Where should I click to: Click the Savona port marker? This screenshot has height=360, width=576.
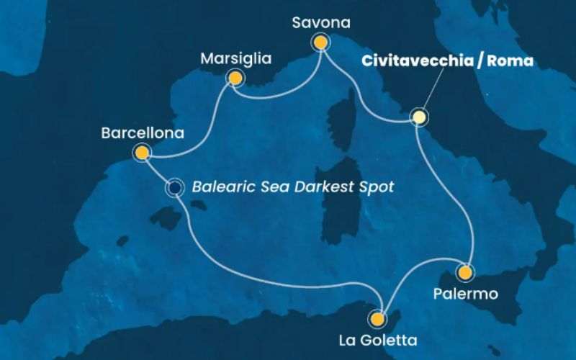(320, 43)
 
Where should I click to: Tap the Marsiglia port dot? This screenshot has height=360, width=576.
(234, 77)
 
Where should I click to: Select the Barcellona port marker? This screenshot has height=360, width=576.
(142, 152)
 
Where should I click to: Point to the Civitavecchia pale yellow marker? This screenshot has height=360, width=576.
(419, 117)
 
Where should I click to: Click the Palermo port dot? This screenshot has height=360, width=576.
(466, 273)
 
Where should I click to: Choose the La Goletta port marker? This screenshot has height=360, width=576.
(377, 318)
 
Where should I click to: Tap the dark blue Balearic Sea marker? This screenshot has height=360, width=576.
(174, 188)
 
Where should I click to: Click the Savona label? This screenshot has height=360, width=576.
(321, 23)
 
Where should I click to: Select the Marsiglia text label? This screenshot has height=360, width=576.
(236, 57)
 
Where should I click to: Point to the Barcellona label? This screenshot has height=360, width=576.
(143, 133)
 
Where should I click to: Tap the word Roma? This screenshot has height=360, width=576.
(510, 60)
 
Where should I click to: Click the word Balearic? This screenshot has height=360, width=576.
(219, 188)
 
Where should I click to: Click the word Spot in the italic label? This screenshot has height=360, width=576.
(376, 188)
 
